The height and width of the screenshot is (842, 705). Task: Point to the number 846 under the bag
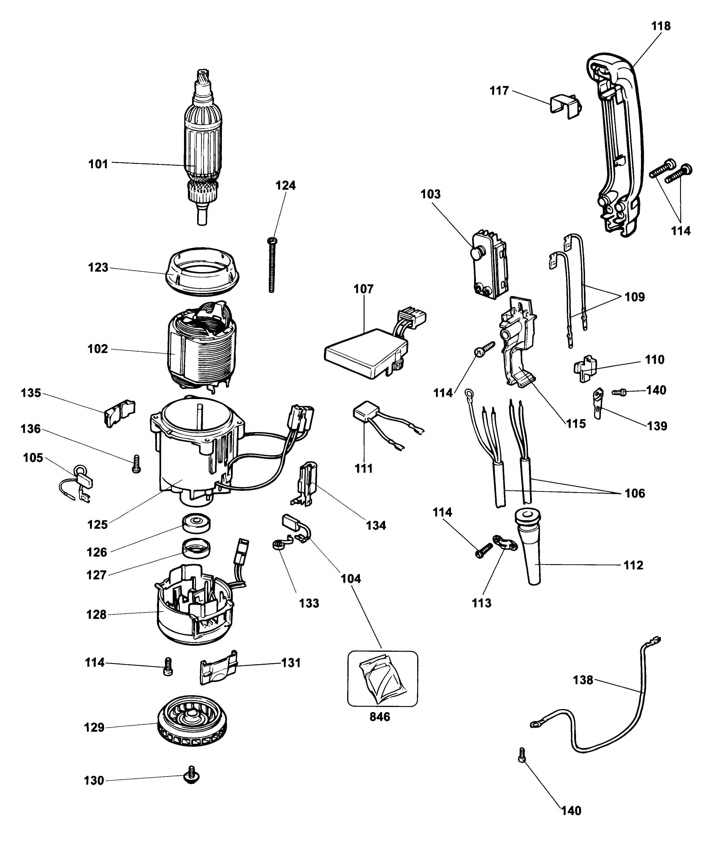point(380,716)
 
